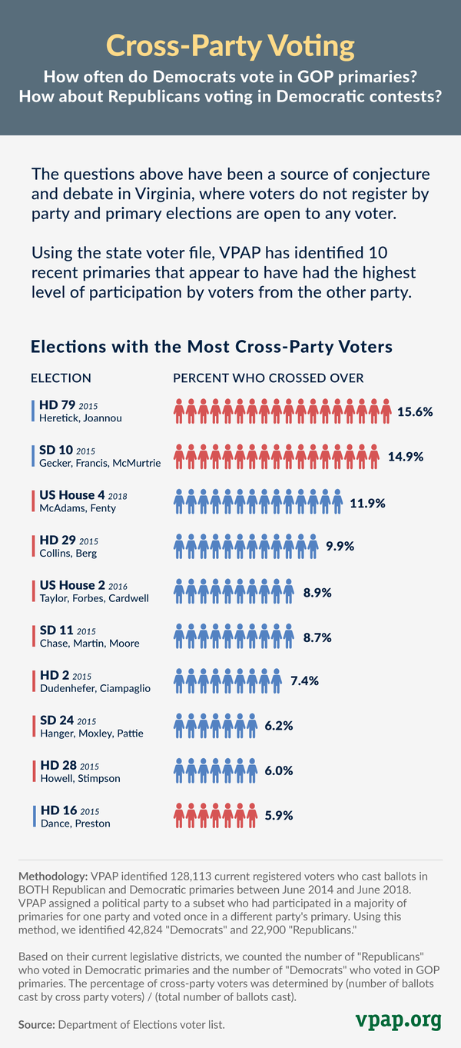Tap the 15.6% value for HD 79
click(x=415, y=412)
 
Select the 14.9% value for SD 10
click(x=406, y=457)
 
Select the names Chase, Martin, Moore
click(x=89, y=643)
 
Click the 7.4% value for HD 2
click(x=304, y=680)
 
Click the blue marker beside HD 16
click(x=34, y=816)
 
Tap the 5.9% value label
click(x=279, y=815)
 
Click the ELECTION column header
click(x=61, y=378)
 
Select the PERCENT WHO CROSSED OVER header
click(x=268, y=378)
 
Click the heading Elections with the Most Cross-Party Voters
click(x=211, y=347)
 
